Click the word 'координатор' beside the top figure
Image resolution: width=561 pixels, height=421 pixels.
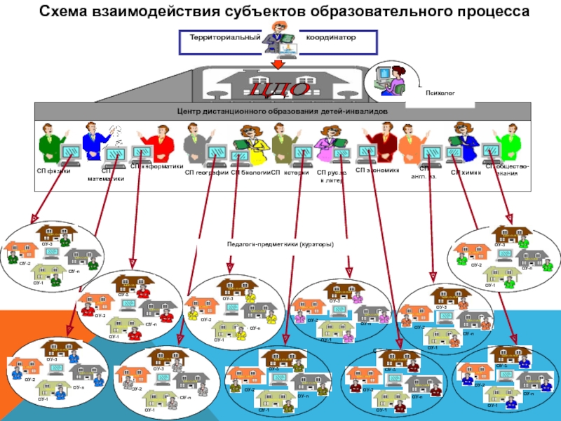[330, 36]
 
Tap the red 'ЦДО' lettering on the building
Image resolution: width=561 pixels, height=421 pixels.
[280, 90]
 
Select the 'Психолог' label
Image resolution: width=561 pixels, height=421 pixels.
[440, 92]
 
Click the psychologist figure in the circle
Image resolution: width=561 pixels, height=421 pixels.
[389, 78]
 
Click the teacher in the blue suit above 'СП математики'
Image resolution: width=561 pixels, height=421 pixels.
[94, 140]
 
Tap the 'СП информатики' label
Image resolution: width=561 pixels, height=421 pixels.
[156, 167]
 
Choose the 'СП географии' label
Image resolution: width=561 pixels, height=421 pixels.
[207, 171]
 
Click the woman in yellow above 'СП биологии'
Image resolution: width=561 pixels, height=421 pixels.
[250, 140]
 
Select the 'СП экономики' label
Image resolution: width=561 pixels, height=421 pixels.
[377, 170]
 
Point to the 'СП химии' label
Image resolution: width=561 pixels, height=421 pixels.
[466, 171]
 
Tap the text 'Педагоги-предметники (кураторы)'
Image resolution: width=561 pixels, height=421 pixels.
[280, 244]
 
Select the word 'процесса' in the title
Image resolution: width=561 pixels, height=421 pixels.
[488, 12]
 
